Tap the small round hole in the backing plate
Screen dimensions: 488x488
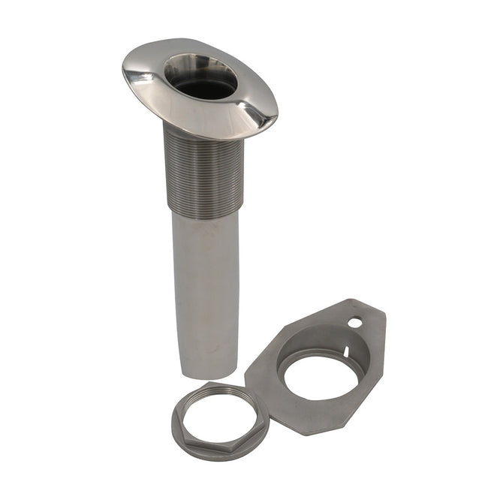[355, 322]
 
